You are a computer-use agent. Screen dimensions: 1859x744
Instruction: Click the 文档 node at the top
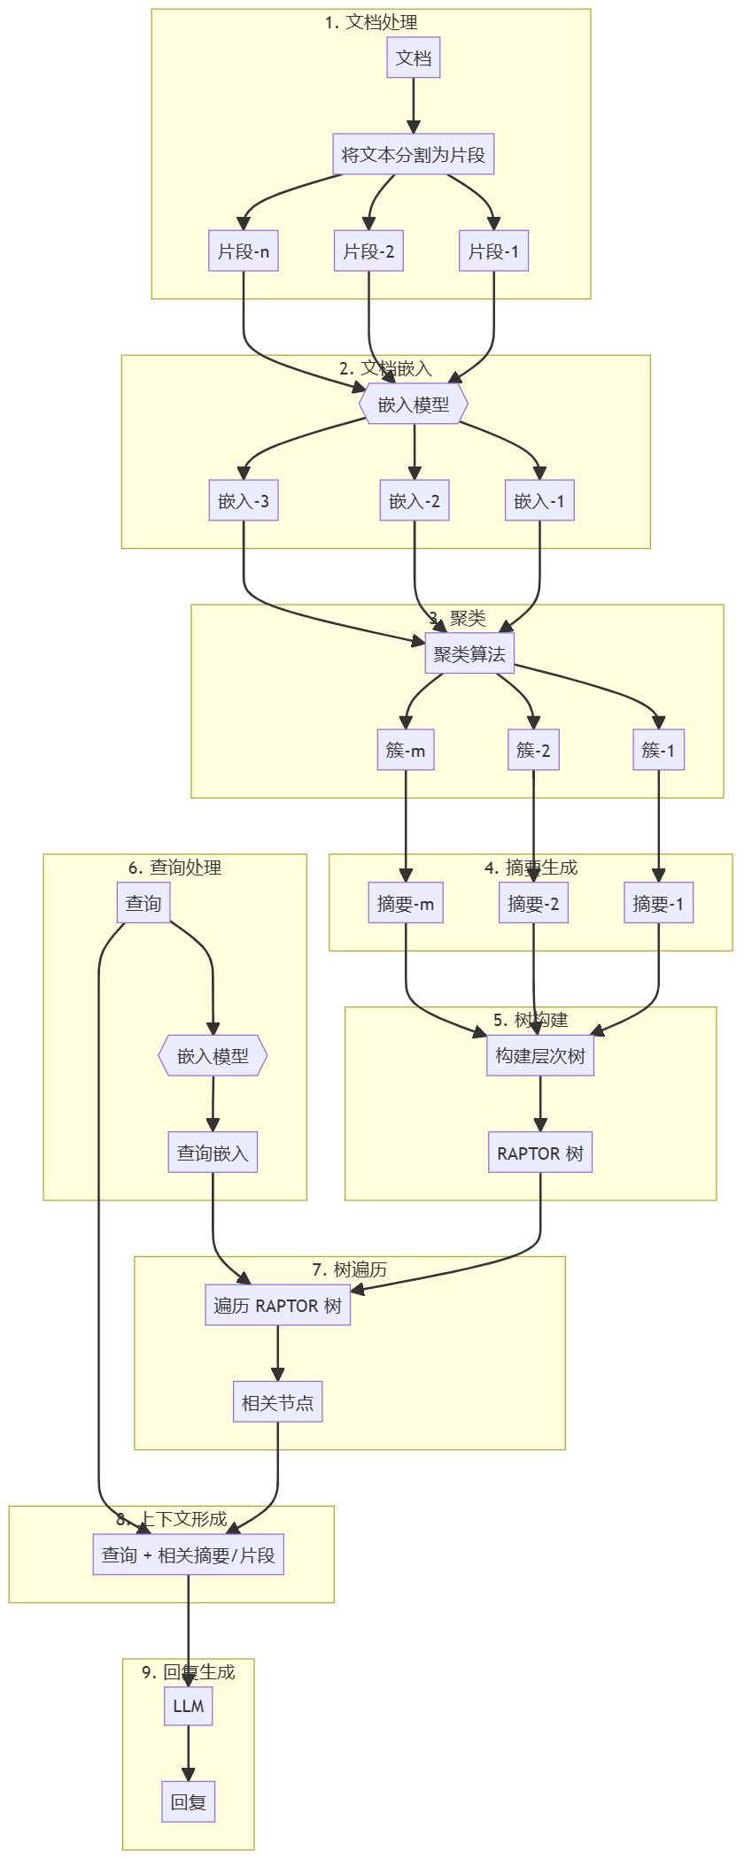pos(414,58)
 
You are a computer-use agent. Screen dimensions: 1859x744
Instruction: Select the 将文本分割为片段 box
pos(414,155)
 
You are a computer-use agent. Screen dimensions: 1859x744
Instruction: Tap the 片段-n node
pos(244,251)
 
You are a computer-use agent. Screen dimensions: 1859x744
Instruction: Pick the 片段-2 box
pos(368,251)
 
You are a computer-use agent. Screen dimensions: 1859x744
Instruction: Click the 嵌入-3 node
pos(244,501)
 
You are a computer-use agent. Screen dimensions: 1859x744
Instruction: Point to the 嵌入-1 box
pos(539,501)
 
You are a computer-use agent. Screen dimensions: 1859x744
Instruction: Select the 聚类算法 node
pos(469,654)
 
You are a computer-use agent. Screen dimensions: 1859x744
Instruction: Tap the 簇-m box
pos(406,751)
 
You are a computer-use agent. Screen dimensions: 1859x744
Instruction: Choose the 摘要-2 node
pos(533,904)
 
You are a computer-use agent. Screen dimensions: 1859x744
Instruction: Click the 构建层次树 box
pos(540,1056)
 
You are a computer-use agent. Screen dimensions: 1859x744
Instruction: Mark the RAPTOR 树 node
pos(540,1153)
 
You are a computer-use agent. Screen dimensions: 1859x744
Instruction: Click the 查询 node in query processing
pos(143,903)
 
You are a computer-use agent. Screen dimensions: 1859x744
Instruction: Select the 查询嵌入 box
pos(213,1153)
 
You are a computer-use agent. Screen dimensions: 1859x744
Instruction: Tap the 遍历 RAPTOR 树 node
pos(278,1306)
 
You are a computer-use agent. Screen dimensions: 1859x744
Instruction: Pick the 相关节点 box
pos(277,1402)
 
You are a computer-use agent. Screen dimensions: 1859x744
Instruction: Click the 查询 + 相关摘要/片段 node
pos(189,1555)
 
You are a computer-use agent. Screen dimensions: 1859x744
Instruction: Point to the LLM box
pos(189,1706)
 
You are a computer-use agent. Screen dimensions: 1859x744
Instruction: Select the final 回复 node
pos(189,1802)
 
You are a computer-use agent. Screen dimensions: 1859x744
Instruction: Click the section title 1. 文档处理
pos(371,22)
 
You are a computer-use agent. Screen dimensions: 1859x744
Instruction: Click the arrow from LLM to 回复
pos(189,1753)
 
